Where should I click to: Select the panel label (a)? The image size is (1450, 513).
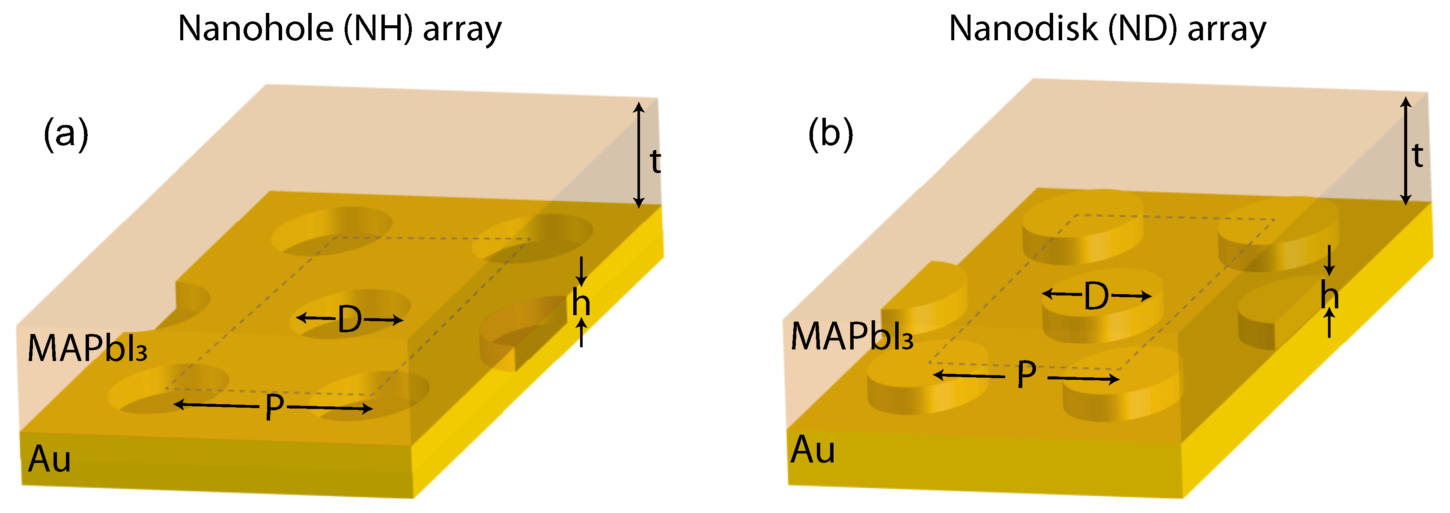coord(66,134)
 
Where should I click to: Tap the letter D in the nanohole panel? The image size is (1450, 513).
coord(350,319)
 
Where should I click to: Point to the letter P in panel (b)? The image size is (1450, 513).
coord(1026,375)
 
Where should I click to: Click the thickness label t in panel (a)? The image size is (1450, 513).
coord(655,161)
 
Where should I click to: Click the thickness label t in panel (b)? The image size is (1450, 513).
coord(1417,156)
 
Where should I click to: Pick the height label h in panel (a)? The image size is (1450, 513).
coord(581,303)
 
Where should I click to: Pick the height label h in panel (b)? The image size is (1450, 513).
coord(1330,295)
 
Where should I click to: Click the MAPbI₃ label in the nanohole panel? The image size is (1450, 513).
coord(87,349)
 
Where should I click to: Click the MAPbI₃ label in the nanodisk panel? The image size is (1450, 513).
coord(852,337)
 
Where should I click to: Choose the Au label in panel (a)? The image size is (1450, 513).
coord(50,459)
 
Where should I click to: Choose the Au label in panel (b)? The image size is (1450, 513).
coord(813,450)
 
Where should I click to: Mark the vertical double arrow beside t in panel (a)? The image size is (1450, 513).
coord(638,155)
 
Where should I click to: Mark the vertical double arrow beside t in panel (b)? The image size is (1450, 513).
coord(1405,150)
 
